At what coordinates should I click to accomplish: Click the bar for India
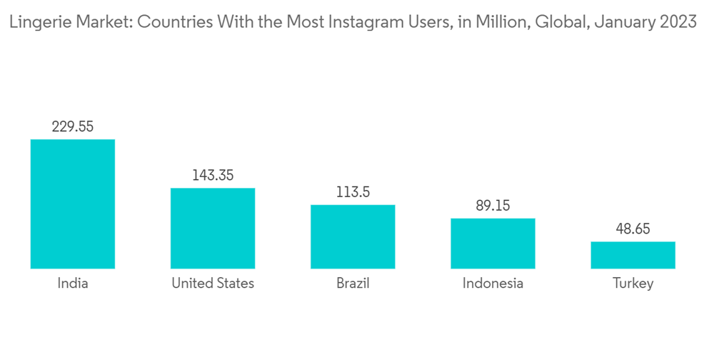tap(73, 204)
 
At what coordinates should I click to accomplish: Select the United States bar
tap(213, 228)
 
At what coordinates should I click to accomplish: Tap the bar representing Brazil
tap(353, 236)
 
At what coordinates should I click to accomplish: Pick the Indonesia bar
tap(493, 243)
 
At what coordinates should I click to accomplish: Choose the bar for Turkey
tap(633, 255)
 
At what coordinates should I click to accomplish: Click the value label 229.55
tap(73, 127)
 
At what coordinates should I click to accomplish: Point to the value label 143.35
tap(213, 176)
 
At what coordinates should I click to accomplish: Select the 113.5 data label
tap(353, 193)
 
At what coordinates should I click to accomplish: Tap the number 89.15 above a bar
tap(493, 206)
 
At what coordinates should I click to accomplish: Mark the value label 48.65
tap(633, 230)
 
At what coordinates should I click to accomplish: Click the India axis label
tap(73, 284)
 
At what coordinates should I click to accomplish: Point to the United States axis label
tap(213, 284)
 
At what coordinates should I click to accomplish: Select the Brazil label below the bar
tap(353, 284)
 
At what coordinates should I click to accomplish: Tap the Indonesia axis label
tap(493, 284)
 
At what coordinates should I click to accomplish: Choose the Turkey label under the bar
tap(633, 284)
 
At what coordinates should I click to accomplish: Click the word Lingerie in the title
tap(34, 22)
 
